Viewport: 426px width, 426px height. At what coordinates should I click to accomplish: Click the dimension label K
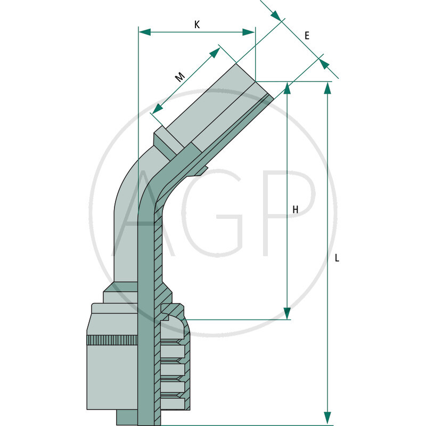(197, 24)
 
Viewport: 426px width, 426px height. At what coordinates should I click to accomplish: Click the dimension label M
(180, 77)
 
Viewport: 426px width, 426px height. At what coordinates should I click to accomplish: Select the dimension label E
(307, 36)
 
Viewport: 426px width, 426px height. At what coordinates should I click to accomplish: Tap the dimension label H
(295, 210)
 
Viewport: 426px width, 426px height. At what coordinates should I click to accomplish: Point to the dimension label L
(337, 258)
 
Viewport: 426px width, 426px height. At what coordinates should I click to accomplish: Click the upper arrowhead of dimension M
(215, 52)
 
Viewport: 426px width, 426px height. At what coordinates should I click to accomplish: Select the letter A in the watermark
(138, 213)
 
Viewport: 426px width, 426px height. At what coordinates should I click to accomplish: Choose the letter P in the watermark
(288, 213)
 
